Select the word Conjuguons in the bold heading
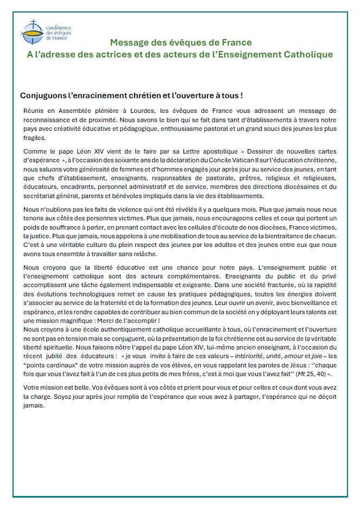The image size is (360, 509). pos(43,95)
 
